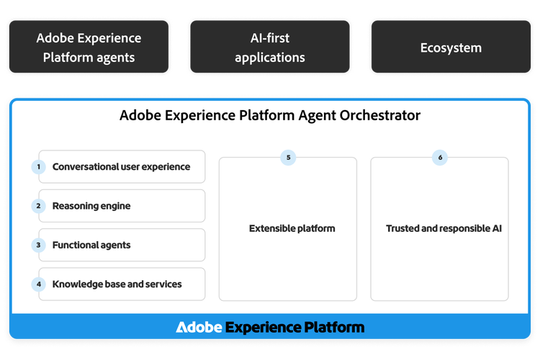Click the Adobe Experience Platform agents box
click(89, 48)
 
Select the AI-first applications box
click(270, 48)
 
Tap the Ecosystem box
click(451, 48)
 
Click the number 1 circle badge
click(38, 167)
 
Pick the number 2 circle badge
click(38, 206)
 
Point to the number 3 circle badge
click(38, 246)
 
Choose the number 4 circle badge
click(38, 284)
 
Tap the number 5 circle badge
click(288, 158)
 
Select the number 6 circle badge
click(440, 158)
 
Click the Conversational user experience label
click(121, 167)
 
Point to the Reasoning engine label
click(91, 206)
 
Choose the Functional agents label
click(91, 246)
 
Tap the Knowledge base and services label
click(117, 284)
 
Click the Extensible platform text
click(292, 229)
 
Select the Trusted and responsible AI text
click(444, 229)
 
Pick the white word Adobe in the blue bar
click(199, 328)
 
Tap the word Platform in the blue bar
click(332, 328)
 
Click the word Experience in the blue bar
click(260, 328)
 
